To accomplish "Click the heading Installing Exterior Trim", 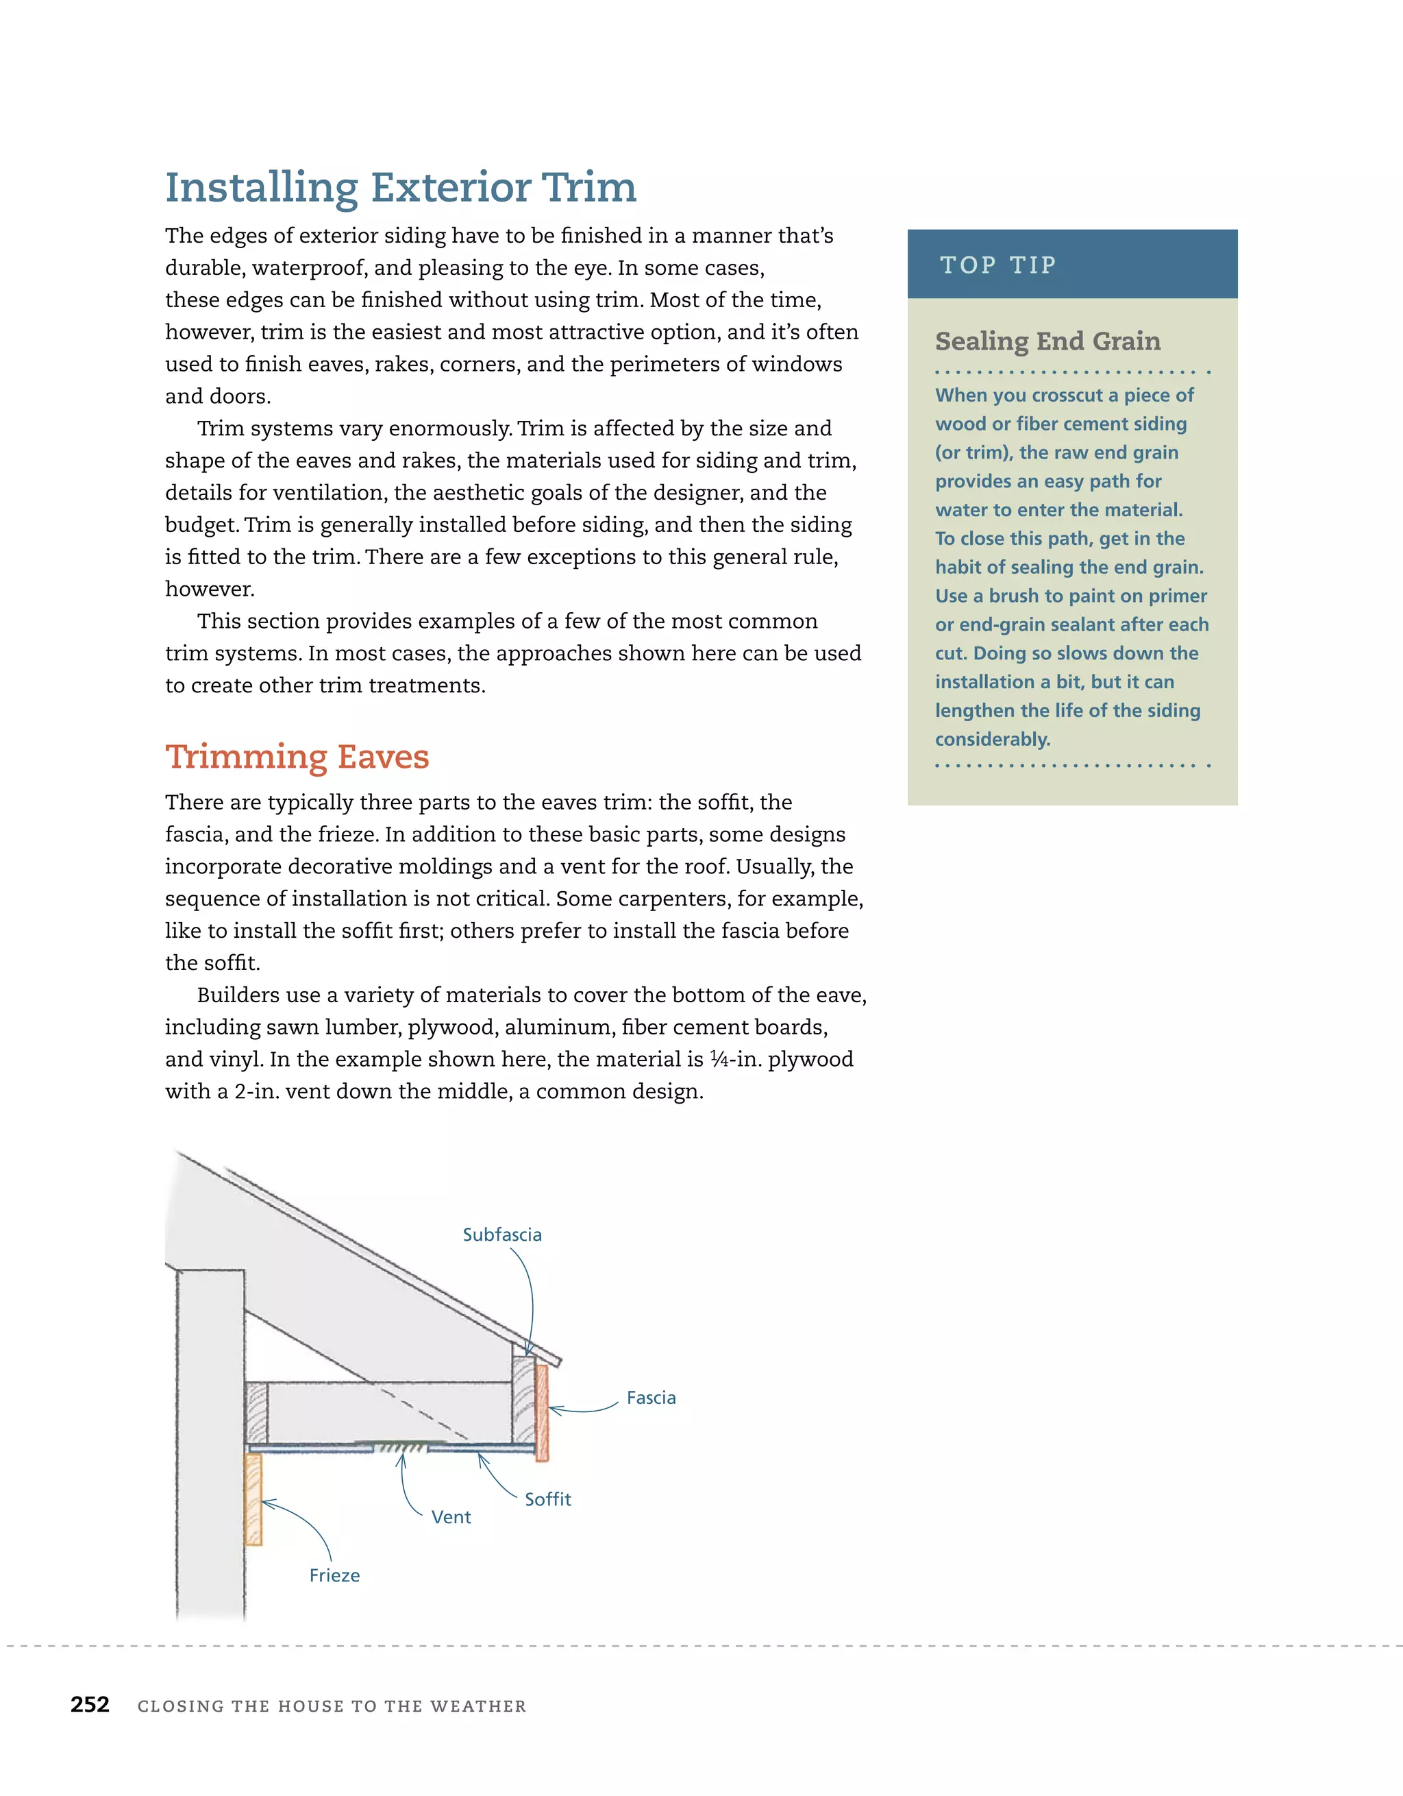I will (x=400, y=188).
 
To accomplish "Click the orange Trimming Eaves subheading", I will (x=297, y=757).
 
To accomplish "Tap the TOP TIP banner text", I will (x=998, y=265).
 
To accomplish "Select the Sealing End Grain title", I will (x=1047, y=341).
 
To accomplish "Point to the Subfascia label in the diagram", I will (x=501, y=1235).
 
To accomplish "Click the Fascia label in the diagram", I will (x=650, y=1398).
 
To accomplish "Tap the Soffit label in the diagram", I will (x=547, y=1499).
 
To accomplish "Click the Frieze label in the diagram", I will (x=334, y=1575).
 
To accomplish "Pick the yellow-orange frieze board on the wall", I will (x=253, y=1498).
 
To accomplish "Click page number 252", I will (x=90, y=1704).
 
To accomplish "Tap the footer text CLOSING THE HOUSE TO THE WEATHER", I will (x=332, y=1706).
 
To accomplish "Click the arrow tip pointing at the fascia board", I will (x=551, y=1409).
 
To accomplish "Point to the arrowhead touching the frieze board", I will (x=264, y=1502).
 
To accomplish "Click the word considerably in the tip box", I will (x=992, y=739).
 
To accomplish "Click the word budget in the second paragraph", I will (x=201, y=524).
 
